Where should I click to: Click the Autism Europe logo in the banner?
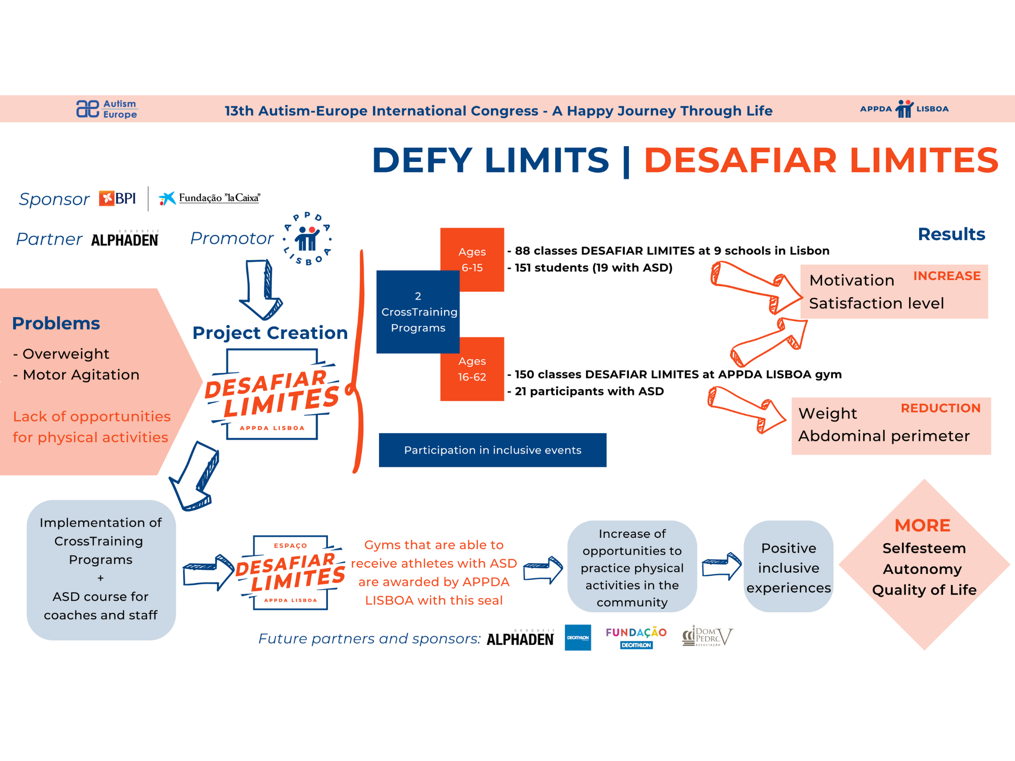[107, 109]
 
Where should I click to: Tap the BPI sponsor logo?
[118, 198]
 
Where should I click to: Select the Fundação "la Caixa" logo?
[210, 198]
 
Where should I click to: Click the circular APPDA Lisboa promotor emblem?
[308, 238]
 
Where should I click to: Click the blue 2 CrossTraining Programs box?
[418, 312]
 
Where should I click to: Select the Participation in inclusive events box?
[492, 450]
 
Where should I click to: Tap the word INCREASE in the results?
[946, 276]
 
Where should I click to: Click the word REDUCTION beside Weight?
[940, 408]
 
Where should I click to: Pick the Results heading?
[951, 234]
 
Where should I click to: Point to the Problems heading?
[56, 323]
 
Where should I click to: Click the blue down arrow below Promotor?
[261, 289]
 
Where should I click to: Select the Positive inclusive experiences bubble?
[788, 567]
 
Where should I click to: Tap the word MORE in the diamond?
[922, 526]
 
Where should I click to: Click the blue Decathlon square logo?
[578, 638]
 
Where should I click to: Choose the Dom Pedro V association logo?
[707, 636]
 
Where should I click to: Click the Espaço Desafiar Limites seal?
[291, 573]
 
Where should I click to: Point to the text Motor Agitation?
[81, 375]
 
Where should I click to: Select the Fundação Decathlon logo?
[636, 637]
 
